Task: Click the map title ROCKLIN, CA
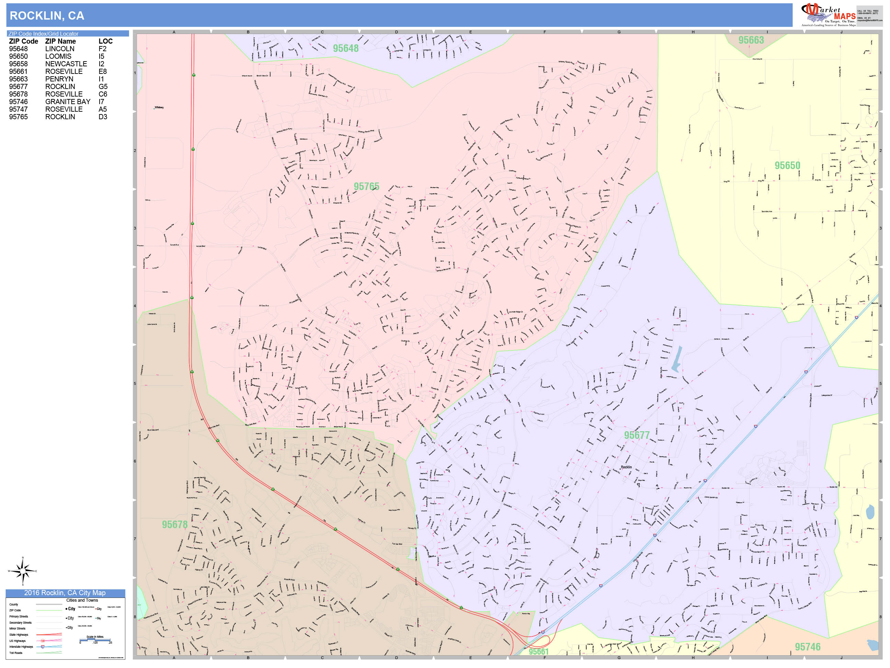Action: pyautogui.click(x=47, y=16)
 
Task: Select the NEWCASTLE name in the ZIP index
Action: pyautogui.click(x=66, y=64)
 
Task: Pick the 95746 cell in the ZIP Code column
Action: pyautogui.click(x=19, y=102)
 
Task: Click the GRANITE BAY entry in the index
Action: pyautogui.click(x=68, y=102)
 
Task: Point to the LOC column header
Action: pyautogui.click(x=105, y=42)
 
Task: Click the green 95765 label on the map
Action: pyautogui.click(x=366, y=187)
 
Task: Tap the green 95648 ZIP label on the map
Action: pyautogui.click(x=345, y=48)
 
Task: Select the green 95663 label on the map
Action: pyautogui.click(x=751, y=40)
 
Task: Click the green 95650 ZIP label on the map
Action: pyautogui.click(x=787, y=166)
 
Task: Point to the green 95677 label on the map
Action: pyautogui.click(x=637, y=435)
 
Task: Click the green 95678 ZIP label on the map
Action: pyautogui.click(x=175, y=525)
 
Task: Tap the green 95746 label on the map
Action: pyautogui.click(x=808, y=647)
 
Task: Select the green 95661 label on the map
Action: pyautogui.click(x=538, y=652)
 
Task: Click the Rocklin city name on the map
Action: pyautogui.click(x=626, y=467)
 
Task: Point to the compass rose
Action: pyautogui.click(x=23, y=571)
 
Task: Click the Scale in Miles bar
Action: pyautogui.click(x=95, y=639)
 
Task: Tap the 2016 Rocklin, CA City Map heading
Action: pyautogui.click(x=65, y=593)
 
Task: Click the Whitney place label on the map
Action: pyautogui.click(x=159, y=108)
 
